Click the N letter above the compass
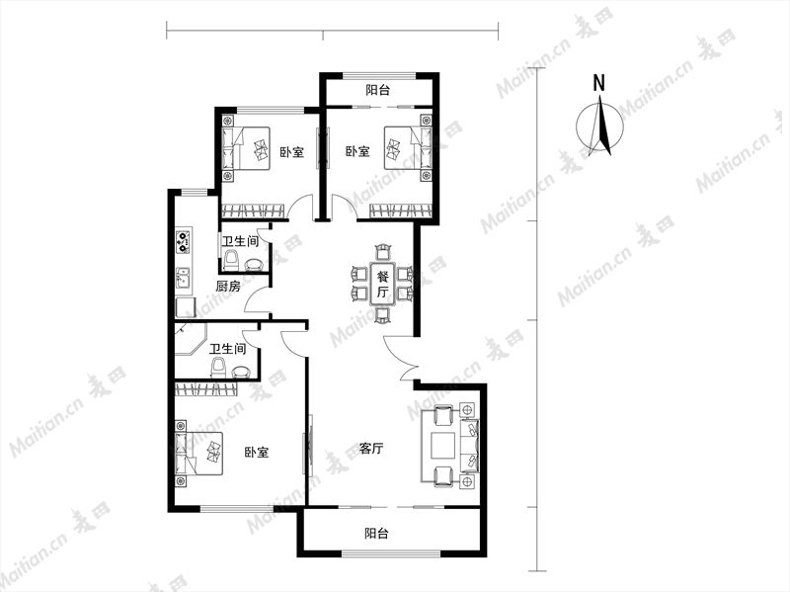[598, 83]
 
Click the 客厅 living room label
[372, 449]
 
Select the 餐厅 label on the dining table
[383, 284]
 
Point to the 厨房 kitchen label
[228, 287]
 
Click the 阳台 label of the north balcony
[378, 90]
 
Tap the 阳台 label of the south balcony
[376, 533]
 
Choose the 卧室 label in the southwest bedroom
[257, 453]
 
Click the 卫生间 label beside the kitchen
[240, 241]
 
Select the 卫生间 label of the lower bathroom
[228, 349]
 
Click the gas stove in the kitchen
[183, 241]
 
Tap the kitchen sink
[183, 278]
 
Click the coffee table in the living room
[442, 445]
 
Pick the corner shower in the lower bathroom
[191, 339]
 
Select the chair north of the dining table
[383, 252]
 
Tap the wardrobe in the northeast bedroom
[401, 211]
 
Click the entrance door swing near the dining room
[400, 358]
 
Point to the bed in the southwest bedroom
[198, 453]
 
